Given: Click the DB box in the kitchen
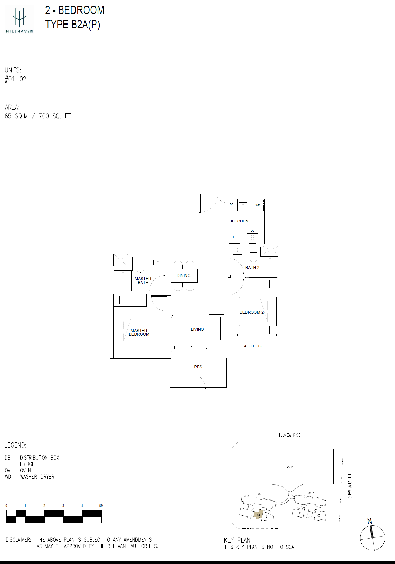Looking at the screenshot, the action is click(x=232, y=204).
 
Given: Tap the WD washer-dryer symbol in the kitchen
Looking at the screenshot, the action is click(x=258, y=205).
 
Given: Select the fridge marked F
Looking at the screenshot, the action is click(x=234, y=237).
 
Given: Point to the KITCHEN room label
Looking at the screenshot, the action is click(x=240, y=221).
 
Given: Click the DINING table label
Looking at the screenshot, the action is click(x=184, y=276).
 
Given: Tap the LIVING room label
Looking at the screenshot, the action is click(x=197, y=329).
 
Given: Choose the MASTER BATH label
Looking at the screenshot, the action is click(x=143, y=281).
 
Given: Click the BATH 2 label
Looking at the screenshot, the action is click(x=252, y=268).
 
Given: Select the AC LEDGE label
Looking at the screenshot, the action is click(x=254, y=346).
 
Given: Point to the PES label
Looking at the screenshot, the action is click(x=198, y=367).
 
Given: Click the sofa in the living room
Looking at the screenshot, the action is click(x=215, y=329).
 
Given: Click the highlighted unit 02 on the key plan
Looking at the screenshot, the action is click(x=258, y=514).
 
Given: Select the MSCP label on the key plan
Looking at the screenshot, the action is click(x=289, y=467).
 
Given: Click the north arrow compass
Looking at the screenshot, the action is click(x=372, y=537).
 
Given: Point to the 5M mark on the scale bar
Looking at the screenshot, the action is click(x=101, y=506).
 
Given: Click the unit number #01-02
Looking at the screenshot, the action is click(x=16, y=79).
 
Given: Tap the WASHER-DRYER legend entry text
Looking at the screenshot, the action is click(x=37, y=477).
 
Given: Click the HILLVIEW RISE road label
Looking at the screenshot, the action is click(x=289, y=435).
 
